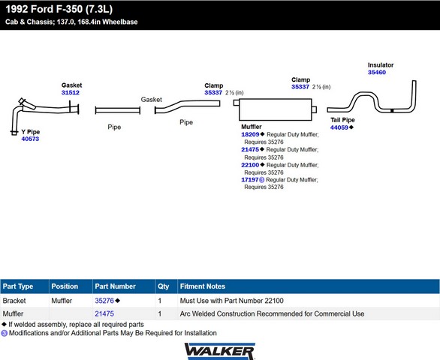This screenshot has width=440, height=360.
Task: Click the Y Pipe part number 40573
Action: coord(30,139)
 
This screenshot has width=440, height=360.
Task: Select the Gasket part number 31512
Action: coord(71,92)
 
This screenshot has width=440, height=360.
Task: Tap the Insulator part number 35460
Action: coord(377,72)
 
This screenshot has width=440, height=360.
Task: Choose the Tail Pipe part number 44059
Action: coord(339,127)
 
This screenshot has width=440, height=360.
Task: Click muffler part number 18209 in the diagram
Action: coord(250,134)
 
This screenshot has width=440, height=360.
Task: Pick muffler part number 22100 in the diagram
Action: coord(250,165)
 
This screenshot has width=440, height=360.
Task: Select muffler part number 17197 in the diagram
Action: coord(250,180)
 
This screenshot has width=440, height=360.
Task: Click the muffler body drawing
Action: coord(276,109)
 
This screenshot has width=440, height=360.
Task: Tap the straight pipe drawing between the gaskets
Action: coord(118,110)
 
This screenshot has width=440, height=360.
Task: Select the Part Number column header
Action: coord(115,286)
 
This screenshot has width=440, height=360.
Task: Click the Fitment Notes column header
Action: coord(203,286)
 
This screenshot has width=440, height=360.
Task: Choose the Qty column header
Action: coord(164,286)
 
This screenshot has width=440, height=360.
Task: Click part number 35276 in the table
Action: coord(104,301)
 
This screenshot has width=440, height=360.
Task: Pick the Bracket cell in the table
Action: coord(14,301)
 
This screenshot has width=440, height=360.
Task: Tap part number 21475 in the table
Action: coord(104,313)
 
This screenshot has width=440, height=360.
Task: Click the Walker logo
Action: coord(219,351)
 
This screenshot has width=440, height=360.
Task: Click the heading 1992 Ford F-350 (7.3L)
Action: coord(59,9)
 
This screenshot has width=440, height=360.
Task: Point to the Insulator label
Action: coord(381,65)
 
